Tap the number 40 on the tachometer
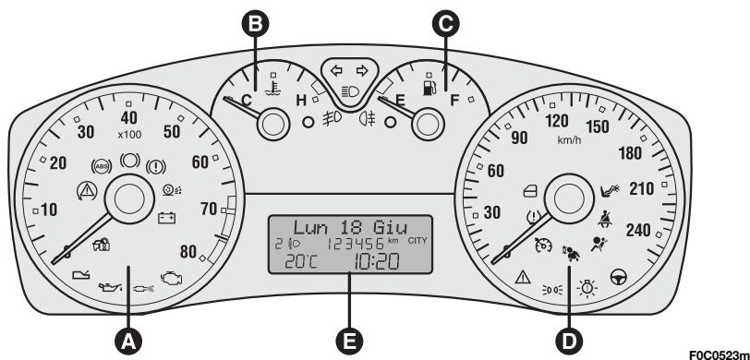point(129,117)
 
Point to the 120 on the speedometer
point(557,121)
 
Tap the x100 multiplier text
point(129,134)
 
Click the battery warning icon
point(167,219)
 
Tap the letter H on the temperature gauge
point(299,101)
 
